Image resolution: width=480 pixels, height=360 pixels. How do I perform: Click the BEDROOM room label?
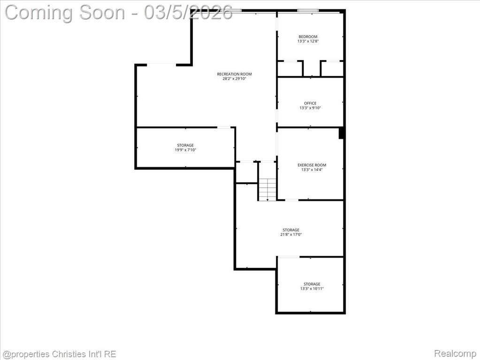click(308, 37)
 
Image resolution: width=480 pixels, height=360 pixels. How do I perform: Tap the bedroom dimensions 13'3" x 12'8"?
click(308, 41)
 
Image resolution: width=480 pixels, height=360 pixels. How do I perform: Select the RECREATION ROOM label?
click(235, 74)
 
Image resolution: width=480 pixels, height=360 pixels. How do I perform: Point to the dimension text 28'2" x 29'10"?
click(235, 79)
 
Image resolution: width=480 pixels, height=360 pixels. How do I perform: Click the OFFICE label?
click(310, 103)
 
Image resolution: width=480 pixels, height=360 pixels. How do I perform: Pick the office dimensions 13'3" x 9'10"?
click(310, 108)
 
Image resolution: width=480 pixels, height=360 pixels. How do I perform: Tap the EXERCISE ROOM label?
click(312, 165)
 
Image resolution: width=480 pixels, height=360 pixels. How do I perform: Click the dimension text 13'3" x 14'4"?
click(312, 169)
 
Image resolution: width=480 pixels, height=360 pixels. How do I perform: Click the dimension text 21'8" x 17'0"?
click(291, 235)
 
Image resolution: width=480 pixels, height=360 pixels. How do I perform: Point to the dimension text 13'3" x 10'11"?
click(312, 289)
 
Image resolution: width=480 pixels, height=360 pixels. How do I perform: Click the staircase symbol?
click(267, 189)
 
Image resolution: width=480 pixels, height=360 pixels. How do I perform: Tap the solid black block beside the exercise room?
click(341, 133)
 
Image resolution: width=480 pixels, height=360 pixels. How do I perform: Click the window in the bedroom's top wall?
click(308, 11)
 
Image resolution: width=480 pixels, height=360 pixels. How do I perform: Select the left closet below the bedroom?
click(290, 69)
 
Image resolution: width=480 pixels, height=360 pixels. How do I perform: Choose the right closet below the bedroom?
click(332, 69)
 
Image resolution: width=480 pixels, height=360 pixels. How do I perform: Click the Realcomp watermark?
click(455, 353)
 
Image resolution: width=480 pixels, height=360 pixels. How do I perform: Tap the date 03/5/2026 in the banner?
click(188, 13)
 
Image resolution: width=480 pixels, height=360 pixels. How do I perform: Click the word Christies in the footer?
click(66, 354)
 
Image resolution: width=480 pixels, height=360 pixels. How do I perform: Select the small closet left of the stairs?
click(246, 172)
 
